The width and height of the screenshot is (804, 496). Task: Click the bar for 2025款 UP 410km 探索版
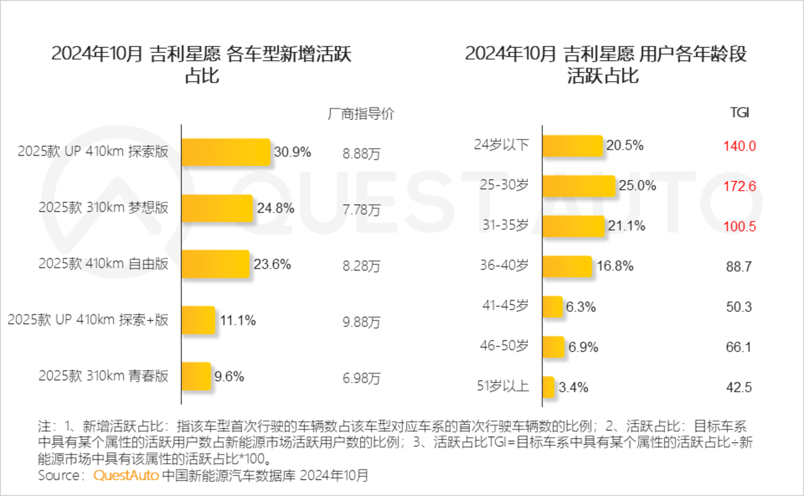226,152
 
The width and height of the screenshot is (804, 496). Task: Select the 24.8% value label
275,208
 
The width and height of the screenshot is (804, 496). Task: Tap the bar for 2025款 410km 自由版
215,264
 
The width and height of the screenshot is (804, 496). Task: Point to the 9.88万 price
361,322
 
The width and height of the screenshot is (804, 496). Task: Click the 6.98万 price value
361,378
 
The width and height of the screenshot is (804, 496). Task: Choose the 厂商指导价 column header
361,114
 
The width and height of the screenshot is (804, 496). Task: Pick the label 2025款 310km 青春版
103,376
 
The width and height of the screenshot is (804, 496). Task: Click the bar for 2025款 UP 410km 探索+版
198,320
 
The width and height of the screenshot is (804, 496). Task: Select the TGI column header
739,113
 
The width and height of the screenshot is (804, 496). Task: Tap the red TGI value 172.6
739,186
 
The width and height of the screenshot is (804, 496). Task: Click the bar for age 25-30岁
578,186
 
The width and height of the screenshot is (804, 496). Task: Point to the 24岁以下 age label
501,145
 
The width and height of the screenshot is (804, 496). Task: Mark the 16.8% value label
615,266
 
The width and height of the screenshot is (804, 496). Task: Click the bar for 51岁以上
548,387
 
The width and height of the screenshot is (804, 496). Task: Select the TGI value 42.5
739,387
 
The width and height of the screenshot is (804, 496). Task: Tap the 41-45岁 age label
505,306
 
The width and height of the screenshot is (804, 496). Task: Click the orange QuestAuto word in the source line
126,475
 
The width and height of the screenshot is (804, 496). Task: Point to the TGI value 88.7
739,266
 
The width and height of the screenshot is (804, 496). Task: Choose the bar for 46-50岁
553,347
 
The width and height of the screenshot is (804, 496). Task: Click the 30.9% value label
292,152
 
